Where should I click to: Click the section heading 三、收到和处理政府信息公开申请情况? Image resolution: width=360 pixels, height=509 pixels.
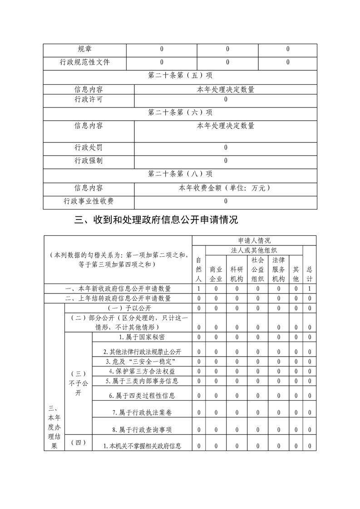coord(156,220)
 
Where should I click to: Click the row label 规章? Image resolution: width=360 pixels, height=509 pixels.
coord(84,49)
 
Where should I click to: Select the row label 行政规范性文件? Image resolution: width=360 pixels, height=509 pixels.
coord(84,62)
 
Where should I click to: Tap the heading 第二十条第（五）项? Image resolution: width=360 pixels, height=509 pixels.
coord(180,76)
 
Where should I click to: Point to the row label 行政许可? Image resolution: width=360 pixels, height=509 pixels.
coord(89,99)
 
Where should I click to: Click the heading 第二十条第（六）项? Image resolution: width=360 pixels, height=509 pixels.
coord(180,112)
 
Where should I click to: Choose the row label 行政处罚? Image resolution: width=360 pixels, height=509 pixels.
coord(89,147)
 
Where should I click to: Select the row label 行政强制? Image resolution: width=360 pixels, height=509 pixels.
coord(89,161)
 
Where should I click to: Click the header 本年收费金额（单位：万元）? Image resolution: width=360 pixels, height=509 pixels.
coord(225,188)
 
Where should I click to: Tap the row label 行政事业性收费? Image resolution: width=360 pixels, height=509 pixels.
coord(89,201)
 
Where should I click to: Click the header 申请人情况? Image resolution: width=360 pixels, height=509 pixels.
coord(254,240)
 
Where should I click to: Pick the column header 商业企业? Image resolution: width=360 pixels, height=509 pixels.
coord(216,274)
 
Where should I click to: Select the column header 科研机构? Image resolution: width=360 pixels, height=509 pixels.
coord(237,274)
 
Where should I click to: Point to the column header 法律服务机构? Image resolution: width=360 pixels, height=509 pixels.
coord(278,269)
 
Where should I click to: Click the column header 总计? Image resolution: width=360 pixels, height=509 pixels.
coord(309,274)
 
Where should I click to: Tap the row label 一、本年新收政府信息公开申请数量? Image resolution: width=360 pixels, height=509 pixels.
coord(118,289)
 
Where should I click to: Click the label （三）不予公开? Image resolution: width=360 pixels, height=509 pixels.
coord(78,383)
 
